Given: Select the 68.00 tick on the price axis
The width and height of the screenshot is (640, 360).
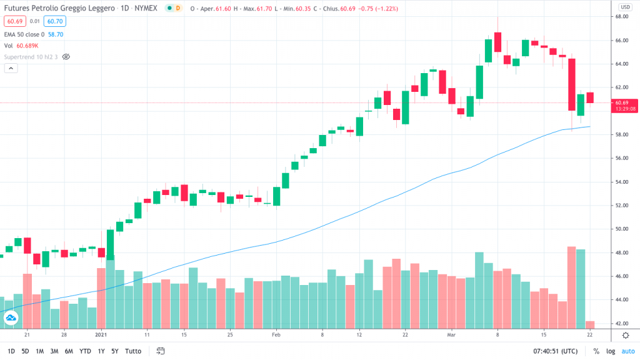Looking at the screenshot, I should pos(622,17).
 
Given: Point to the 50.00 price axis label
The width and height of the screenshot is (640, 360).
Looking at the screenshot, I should pos(622,229).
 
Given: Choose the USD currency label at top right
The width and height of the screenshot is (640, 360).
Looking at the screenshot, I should pos(624,7).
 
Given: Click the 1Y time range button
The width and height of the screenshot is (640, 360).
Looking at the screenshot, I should pos(101,351).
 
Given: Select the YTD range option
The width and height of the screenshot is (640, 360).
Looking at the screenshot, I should pos(84,351).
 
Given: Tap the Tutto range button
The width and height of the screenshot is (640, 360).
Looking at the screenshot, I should pos(133,351).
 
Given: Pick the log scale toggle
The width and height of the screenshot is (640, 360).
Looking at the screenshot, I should pos(610,351).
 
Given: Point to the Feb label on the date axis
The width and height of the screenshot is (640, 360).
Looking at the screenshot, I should pos(276,335).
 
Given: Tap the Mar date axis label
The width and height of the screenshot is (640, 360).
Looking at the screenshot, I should pos(452,335).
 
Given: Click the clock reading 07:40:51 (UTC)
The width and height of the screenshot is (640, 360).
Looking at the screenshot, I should pos(554,351).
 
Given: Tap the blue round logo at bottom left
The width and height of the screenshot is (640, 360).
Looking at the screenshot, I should pos(11,319).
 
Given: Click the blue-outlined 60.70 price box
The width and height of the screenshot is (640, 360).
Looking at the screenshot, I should pos(54,21).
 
